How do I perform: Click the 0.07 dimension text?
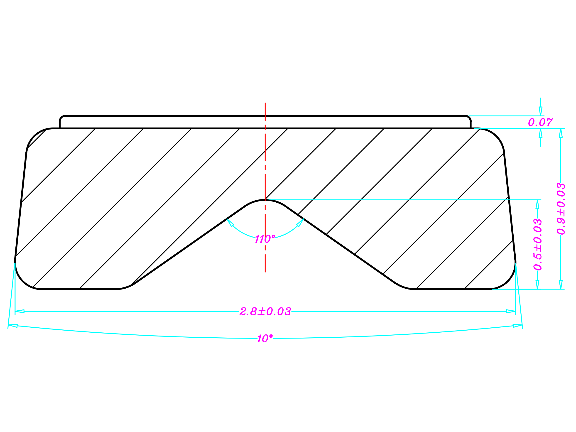(x=540, y=122)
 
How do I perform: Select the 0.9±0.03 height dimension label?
(x=561, y=209)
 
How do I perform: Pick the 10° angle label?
(x=265, y=338)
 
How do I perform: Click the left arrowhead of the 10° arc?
(x=13, y=326)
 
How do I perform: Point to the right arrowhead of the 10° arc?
(x=517, y=326)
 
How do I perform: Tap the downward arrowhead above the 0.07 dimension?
(x=541, y=111)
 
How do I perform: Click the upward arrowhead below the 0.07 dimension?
(x=541, y=133)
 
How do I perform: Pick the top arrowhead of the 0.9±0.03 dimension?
(x=561, y=133)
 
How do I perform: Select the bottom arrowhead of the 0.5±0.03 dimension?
(x=537, y=284)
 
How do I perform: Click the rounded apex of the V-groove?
(x=265, y=200)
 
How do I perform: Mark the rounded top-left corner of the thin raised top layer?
(x=61, y=118)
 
